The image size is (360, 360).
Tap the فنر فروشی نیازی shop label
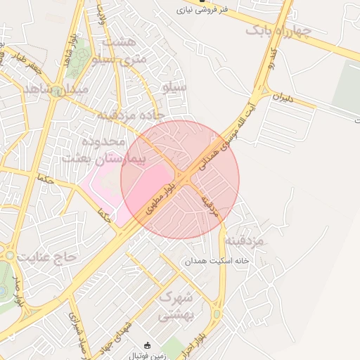[x=204, y=10]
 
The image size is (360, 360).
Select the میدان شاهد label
[x=56, y=90]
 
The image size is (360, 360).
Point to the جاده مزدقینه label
[x=131, y=114]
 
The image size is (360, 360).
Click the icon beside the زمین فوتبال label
[x=147, y=345]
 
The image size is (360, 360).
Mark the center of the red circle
[x=180, y=179]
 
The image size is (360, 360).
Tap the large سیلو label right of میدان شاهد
[x=174, y=87]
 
